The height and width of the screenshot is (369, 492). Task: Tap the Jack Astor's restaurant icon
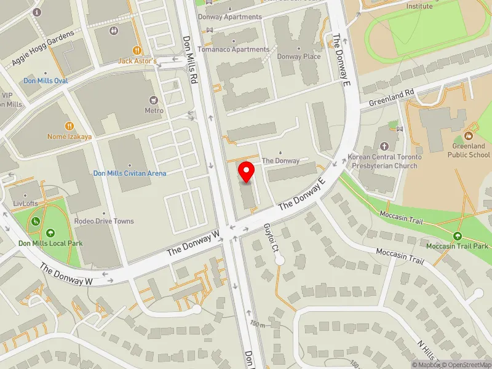[x=138, y=50]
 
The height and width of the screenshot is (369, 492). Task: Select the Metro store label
[x=154, y=111]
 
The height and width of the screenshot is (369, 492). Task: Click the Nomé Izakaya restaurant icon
[x=70, y=125]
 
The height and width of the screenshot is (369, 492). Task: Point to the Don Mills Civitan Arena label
[x=130, y=173]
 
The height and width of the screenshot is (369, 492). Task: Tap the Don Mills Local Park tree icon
[x=50, y=232]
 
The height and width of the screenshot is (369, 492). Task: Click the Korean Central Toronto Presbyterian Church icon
[x=384, y=146]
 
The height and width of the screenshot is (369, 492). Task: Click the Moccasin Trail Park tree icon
[x=457, y=236]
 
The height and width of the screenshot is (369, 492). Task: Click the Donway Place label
[x=299, y=57]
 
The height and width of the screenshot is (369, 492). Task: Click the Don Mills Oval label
[x=46, y=81]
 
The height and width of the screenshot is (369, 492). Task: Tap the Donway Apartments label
[x=234, y=17]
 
